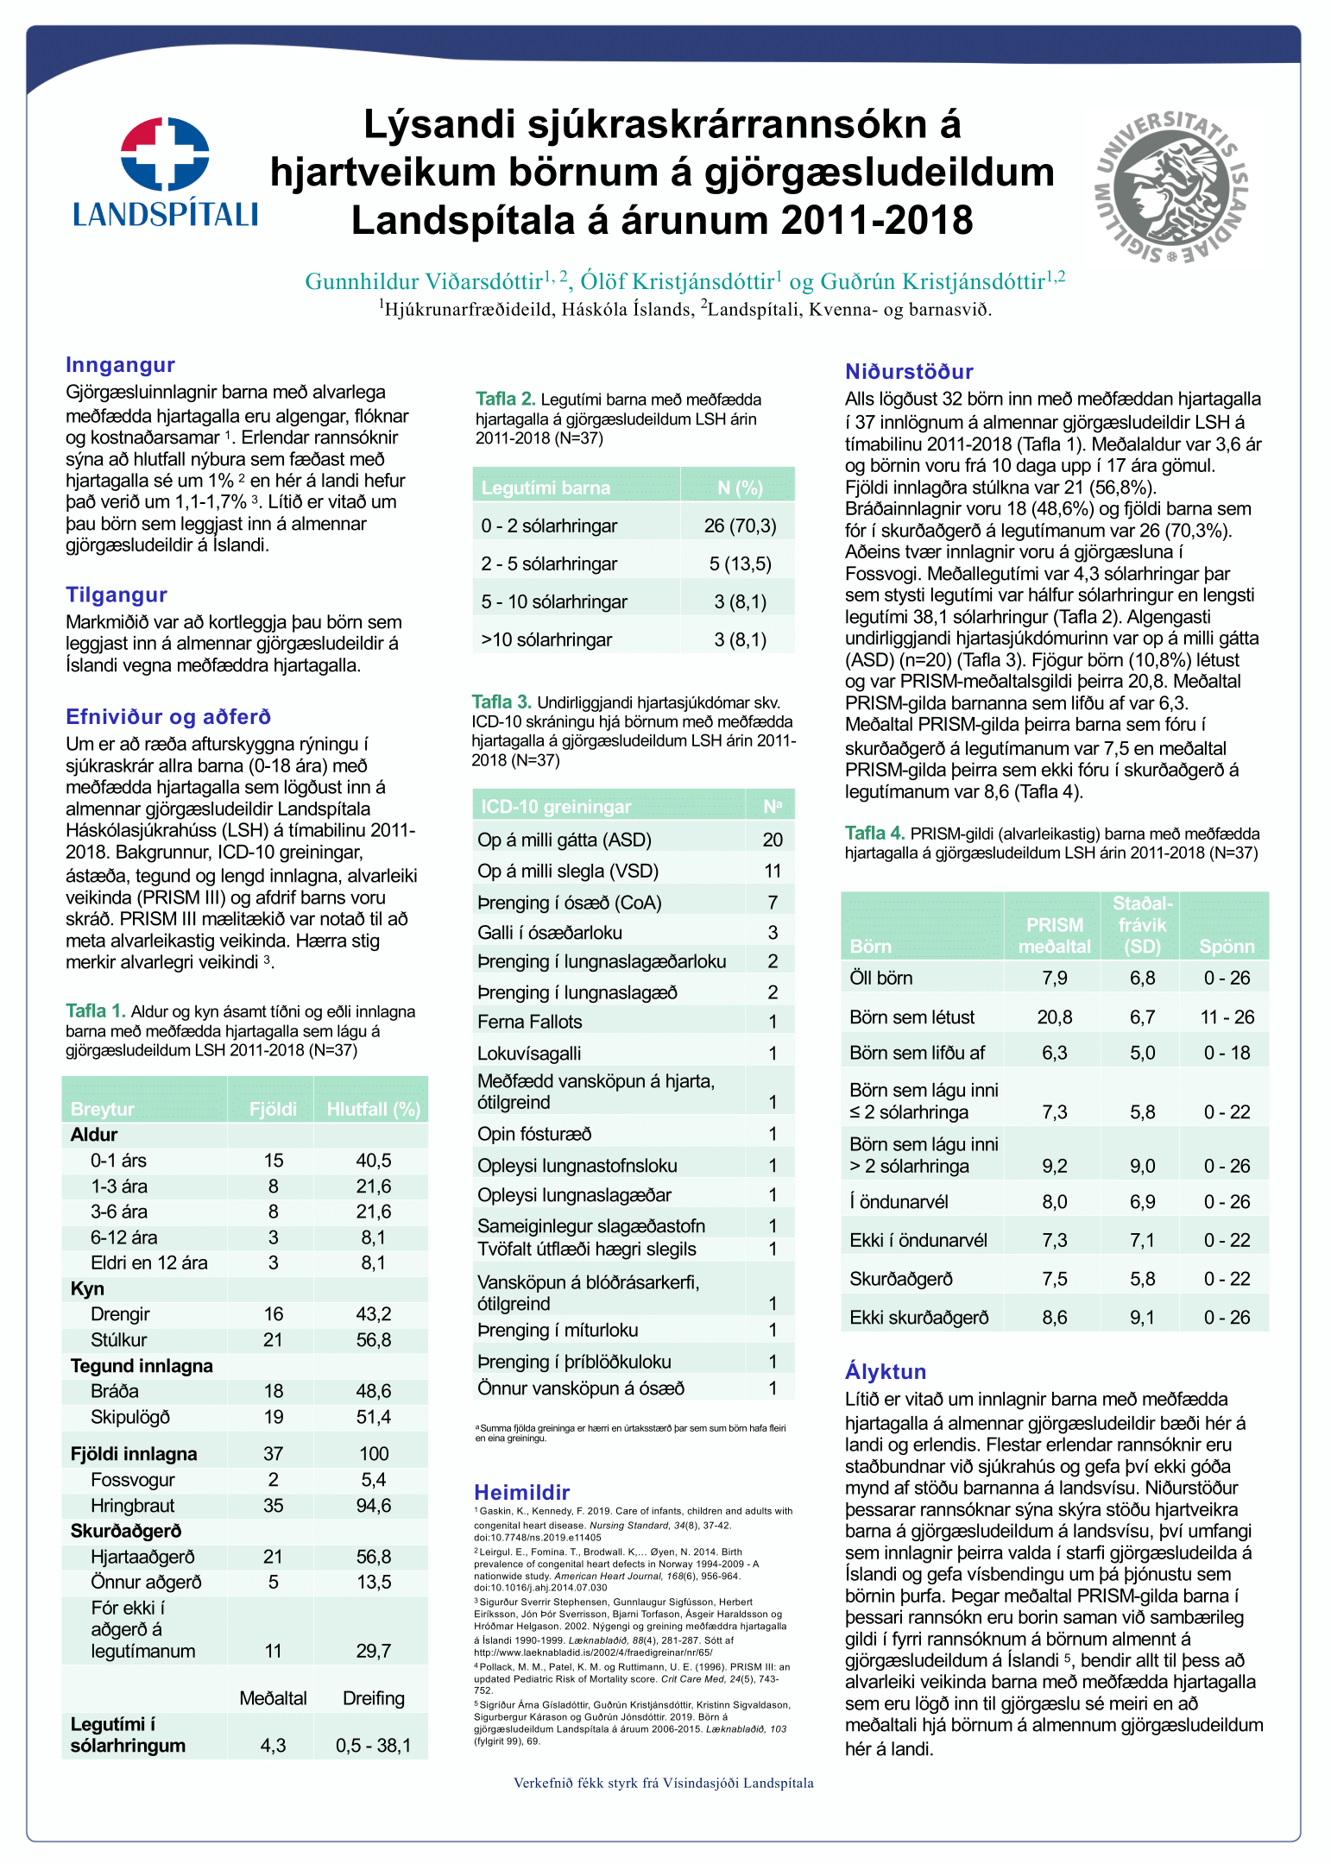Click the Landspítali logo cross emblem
pos(165,154)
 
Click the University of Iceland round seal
pos(1170,186)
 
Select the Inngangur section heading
pos(120,365)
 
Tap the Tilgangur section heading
pos(117,595)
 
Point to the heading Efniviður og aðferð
pos(168,716)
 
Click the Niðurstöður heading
pos(909,372)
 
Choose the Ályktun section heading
pos(886,1371)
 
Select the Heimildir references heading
pos(521,1492)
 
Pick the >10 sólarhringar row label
pos(546,639)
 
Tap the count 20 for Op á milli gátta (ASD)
pos(773,840)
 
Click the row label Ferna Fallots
pos(529,1022)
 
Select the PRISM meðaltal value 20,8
pos(1054,1017)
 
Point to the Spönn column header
pos(1227,946)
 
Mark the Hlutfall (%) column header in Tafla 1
pos(373,1109)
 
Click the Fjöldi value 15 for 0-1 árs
pos(273,1161)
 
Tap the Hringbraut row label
pos(132,1505)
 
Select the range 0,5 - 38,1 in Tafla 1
pos(373,1745)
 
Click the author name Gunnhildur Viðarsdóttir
pos(424,281)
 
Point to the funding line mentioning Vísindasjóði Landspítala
pos(663,1783)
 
